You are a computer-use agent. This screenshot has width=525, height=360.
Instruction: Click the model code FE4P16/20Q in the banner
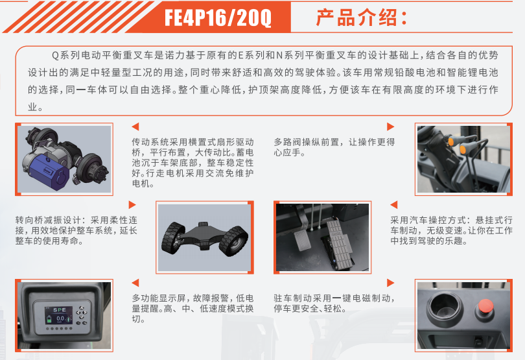[x=218, y=18]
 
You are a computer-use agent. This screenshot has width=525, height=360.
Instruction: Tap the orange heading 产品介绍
[x=356, y=18]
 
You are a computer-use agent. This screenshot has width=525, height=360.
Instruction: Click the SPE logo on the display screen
[x=60, y=309]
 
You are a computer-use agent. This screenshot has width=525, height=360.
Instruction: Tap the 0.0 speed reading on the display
[x=60, y=318]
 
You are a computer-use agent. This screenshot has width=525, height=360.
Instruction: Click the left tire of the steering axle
[x=173, y=238]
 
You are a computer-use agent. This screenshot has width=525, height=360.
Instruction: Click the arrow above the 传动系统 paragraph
[x=135, y=126]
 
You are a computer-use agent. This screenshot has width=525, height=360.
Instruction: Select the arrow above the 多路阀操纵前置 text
[x=390, y=126]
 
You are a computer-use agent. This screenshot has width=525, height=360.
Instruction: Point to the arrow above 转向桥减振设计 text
[x=132, y=205]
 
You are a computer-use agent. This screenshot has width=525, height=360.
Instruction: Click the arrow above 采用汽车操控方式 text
[x=394, y=205]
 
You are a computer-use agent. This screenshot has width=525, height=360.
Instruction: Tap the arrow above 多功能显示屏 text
[x=135, y=283]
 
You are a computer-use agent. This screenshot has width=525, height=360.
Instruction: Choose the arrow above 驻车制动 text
[x=390, y=283]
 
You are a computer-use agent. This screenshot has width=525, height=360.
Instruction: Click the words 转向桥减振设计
[x=48, y=221]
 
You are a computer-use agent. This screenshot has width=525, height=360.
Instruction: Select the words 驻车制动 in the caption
[x=292, y=298]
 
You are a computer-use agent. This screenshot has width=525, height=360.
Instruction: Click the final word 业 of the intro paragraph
[x=32, y=107]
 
